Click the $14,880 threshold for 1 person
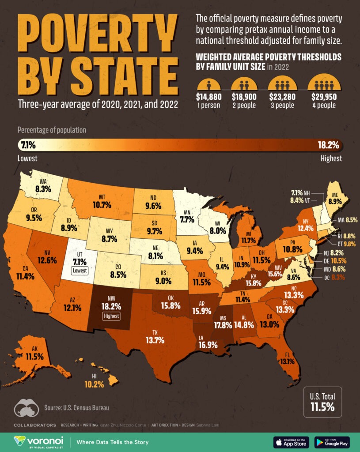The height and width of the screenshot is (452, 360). (x=208, y=97)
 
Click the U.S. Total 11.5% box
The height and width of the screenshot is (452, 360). (x=322, y=402)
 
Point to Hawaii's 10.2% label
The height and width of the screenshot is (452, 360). (x=94, y=384)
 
